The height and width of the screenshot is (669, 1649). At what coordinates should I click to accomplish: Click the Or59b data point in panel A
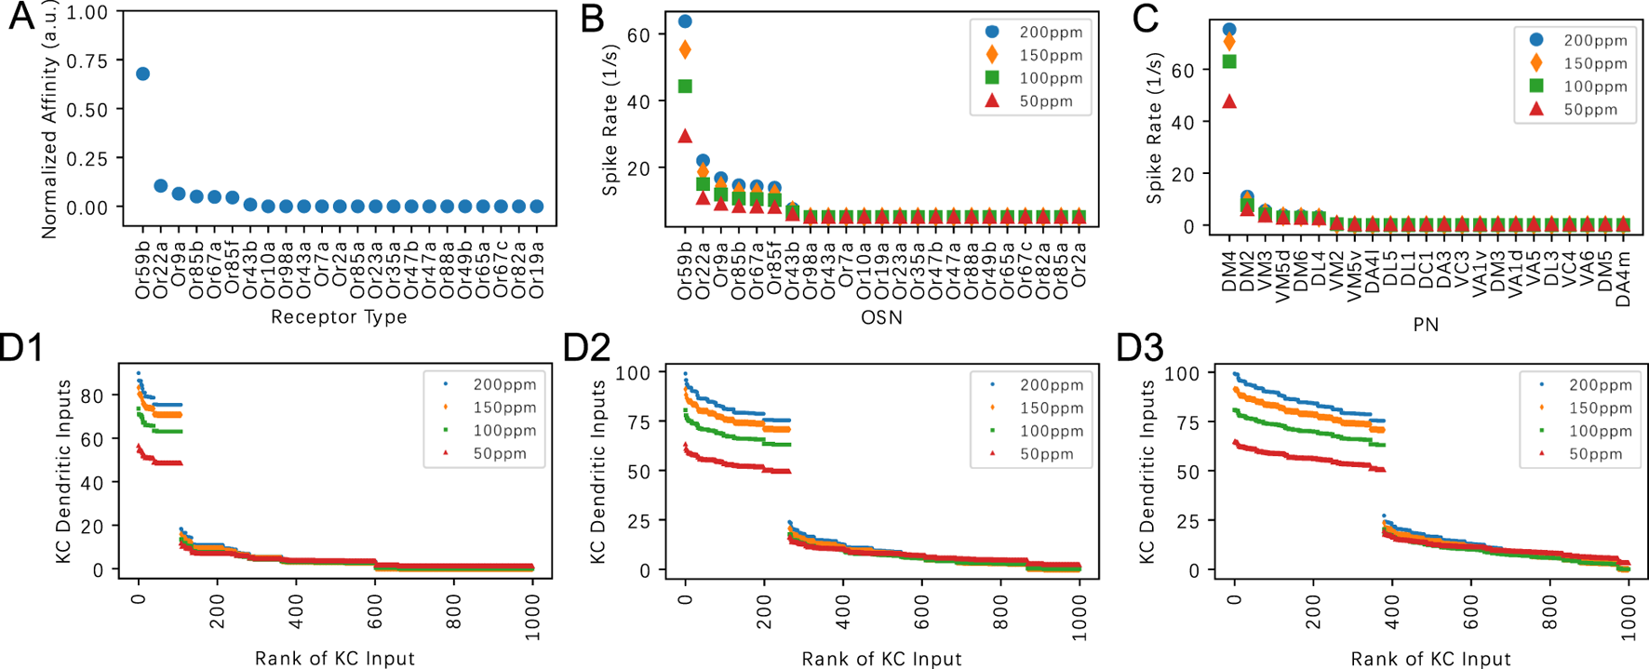point(142,74)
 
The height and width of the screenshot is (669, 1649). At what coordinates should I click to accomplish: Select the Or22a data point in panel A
point(160,186)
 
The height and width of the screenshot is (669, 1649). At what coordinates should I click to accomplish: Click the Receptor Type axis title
point(339,317)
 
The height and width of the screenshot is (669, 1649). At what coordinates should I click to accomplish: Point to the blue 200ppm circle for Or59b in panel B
point(685,21)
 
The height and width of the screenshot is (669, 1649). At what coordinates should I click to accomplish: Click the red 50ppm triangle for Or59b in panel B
point(685,136)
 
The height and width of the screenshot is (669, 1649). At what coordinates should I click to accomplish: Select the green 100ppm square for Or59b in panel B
point(685,87)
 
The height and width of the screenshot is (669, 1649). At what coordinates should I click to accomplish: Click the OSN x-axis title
point(881,318)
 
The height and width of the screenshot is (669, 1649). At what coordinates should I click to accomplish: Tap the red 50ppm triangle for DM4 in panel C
point(1229,101)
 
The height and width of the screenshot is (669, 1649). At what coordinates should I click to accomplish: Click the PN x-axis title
point(1426,324)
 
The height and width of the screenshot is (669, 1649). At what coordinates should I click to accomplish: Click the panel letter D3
point(1139,349)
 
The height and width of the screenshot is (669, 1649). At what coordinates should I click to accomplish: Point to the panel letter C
point(1145,19)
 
